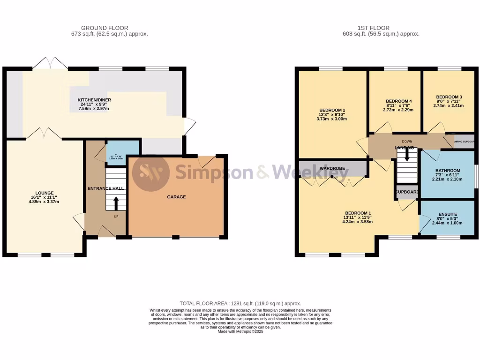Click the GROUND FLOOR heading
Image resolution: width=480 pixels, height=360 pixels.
tap(105, 28)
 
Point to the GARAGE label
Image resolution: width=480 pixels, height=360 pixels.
tap(176, 197)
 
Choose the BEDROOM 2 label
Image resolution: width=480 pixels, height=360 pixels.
tap(330, 111)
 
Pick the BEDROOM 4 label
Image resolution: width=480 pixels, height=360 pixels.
tap(398, 101)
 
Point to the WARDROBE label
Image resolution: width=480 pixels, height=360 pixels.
tap(332, 167)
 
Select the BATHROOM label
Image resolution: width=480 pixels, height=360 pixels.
tap(448, 171)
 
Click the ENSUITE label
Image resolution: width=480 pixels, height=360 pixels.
tap(448, 214)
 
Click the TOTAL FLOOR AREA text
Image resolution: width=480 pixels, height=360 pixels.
tap(240, 304)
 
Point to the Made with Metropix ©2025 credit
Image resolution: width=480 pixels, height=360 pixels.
tap(240, 332)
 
